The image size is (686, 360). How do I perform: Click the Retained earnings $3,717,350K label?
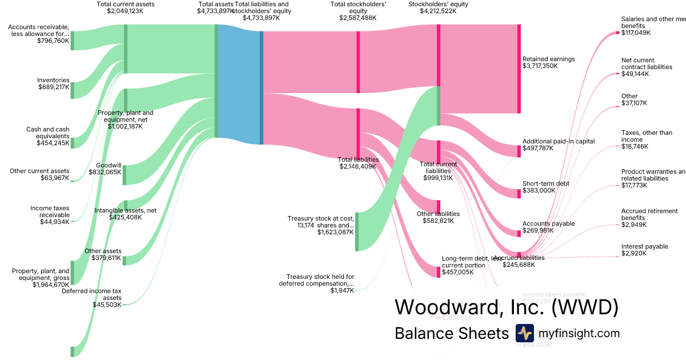[548, 62]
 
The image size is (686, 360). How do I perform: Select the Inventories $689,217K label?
[53, 83]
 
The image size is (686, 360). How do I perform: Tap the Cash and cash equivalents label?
[47, 136]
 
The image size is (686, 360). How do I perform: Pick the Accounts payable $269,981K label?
[548, 227]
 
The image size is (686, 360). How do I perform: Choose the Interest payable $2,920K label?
[644, 250]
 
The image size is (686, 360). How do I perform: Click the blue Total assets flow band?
[239, 83]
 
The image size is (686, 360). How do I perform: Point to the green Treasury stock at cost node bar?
[357, 231]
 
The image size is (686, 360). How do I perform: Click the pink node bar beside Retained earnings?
[519, 69]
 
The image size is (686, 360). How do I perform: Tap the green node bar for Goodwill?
[124, 174]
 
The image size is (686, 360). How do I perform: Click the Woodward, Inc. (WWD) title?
[506, 307]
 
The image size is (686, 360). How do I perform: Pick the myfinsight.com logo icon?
[524, 333]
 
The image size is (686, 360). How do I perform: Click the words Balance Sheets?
[451, 333]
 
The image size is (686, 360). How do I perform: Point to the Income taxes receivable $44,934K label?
[50, 215]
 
